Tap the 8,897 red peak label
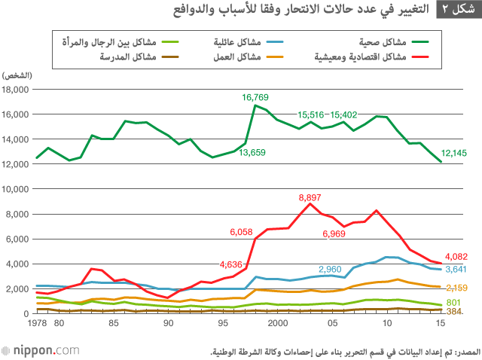(x=310, y=197)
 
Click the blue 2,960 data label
(x=330, y=269)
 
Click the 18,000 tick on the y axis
(x=17, y=90)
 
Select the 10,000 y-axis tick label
(x=17, y=189)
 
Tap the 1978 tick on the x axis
(x=35, y=325)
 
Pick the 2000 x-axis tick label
(x=278, y=325)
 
